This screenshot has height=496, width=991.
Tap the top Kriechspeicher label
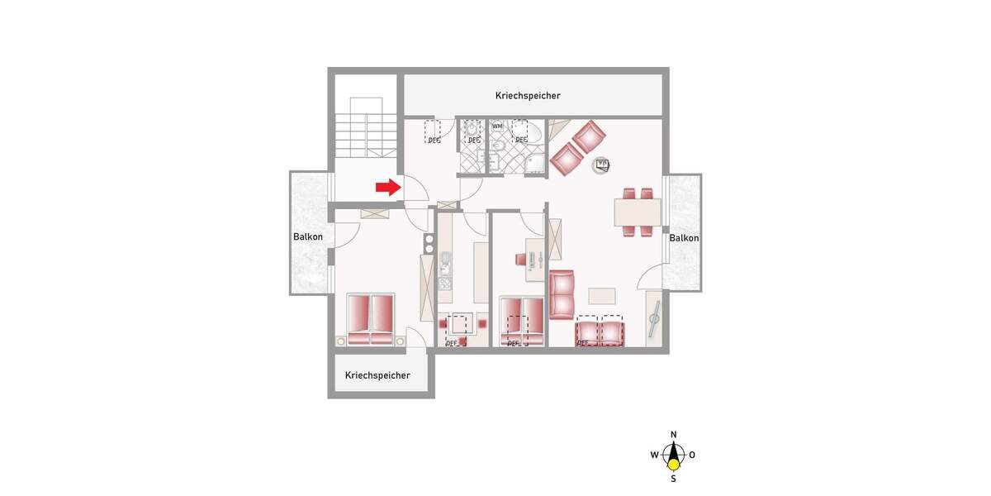(x=528, y=96)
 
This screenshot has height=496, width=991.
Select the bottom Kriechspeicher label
(x=377, y=375)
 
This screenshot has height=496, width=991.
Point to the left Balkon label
(x=308, y=237)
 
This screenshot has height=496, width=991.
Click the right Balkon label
(x=685, y=238)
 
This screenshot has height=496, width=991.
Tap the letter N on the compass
(x=674, y=435)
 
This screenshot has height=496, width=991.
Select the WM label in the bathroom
(x=497, y=126)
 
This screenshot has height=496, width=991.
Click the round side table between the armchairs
(x=602, y=165)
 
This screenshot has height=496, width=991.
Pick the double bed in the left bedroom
(x=370, y=319)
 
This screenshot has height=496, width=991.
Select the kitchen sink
(x=445, y=265)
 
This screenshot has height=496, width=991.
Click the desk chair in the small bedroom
(x=521, y=259)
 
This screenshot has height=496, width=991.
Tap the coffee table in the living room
(x=602, y=295)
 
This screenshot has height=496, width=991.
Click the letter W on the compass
(x=654, y=455)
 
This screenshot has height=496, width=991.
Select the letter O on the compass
(x=693, y=455)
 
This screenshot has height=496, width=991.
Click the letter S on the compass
(x=674, y=478)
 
